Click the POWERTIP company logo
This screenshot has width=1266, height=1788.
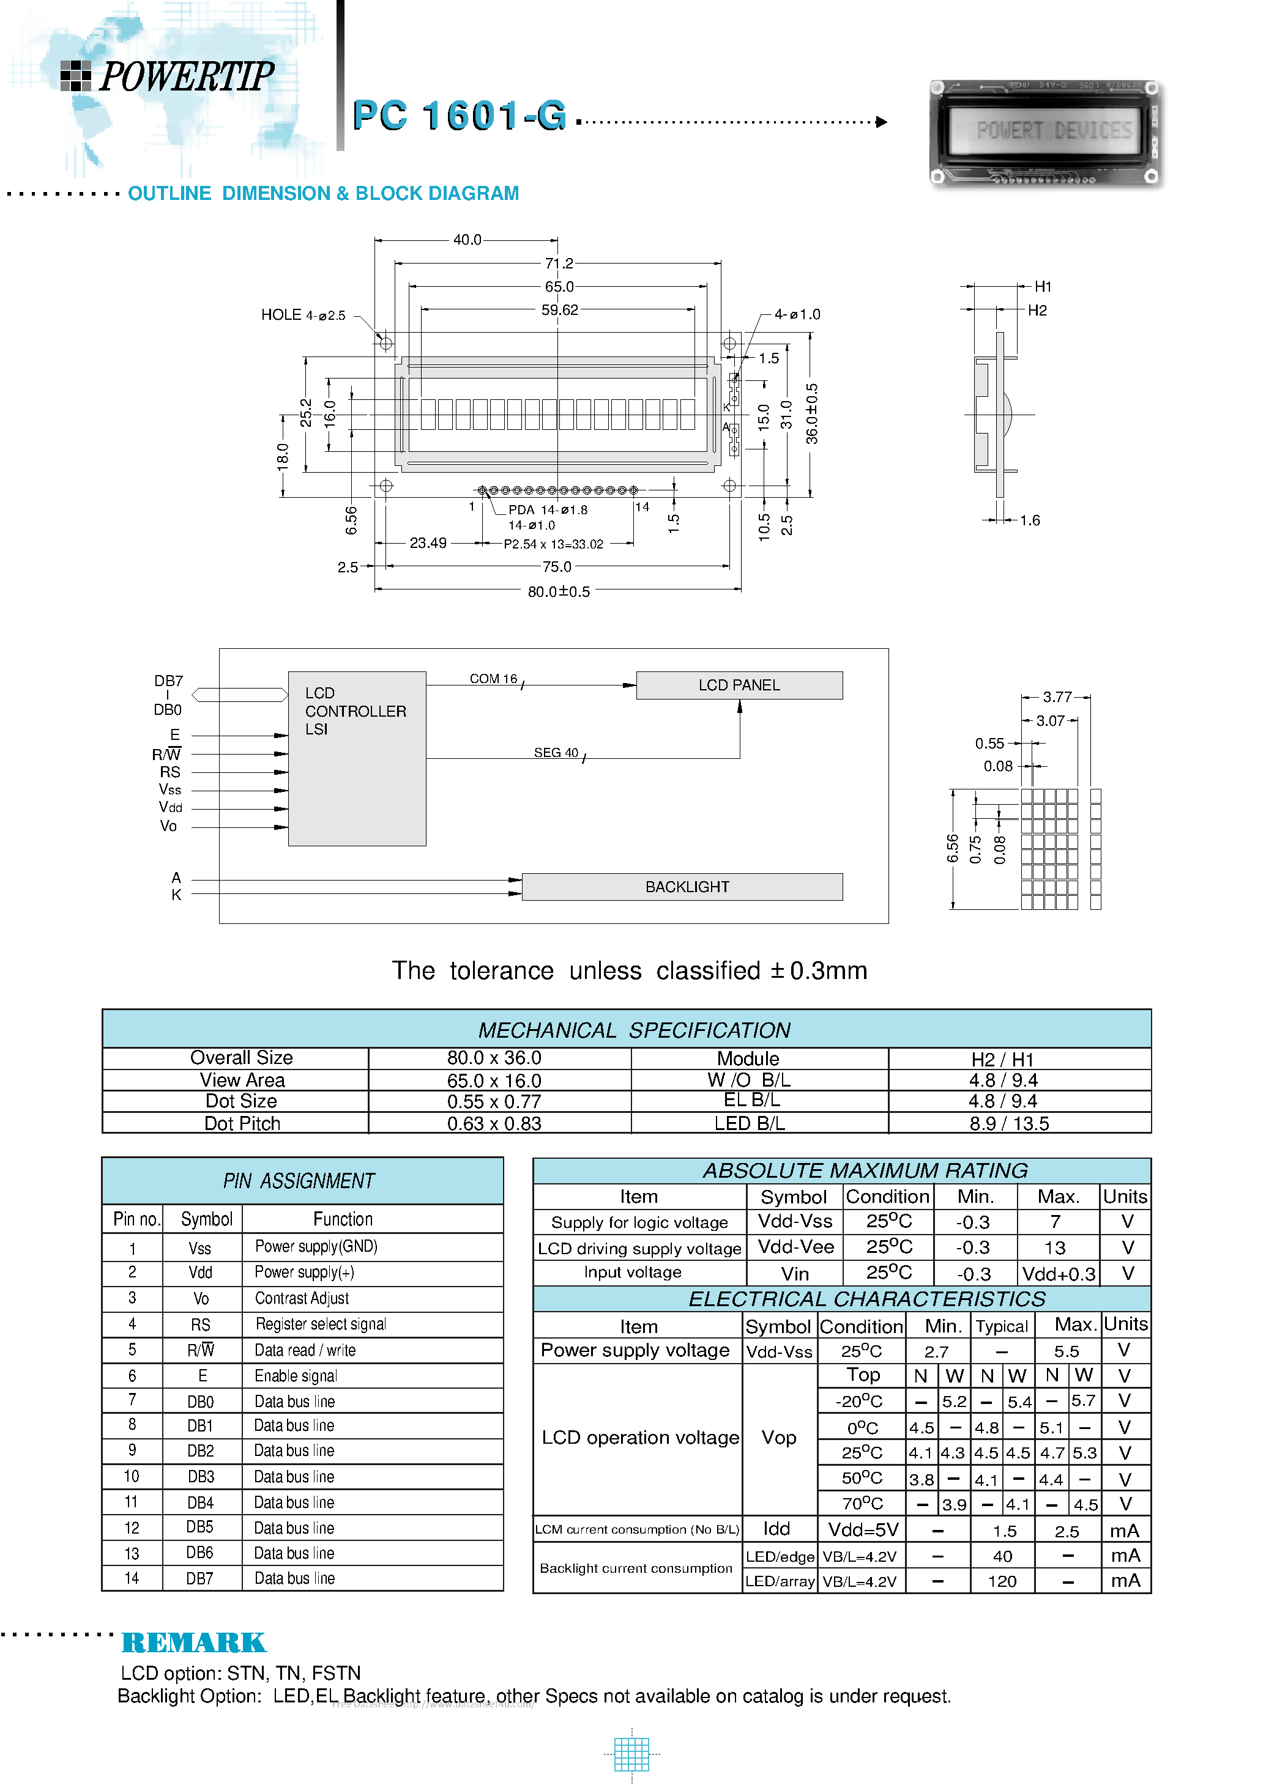pyautogui.click(x=168, y=76)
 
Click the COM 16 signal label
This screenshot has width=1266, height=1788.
pyautogui.click(x=493, y=679)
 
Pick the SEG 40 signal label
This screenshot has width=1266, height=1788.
pyautogui.click(x=556, y=753)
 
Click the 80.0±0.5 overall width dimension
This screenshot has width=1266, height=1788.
pyautogui.click(x=558, y=591)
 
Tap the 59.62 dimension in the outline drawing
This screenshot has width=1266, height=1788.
pyautogui.click(x=560, y=310)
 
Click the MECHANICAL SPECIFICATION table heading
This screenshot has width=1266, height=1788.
pyautogui.click(x=634, y=1030)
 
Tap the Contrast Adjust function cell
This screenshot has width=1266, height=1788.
pyautogui.click(x=302, y=1298)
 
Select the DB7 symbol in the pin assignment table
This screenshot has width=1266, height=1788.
pyautogui.click(x=199, y=1578)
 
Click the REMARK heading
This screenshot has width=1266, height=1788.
pyautogui.click(x=194, y=1642)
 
